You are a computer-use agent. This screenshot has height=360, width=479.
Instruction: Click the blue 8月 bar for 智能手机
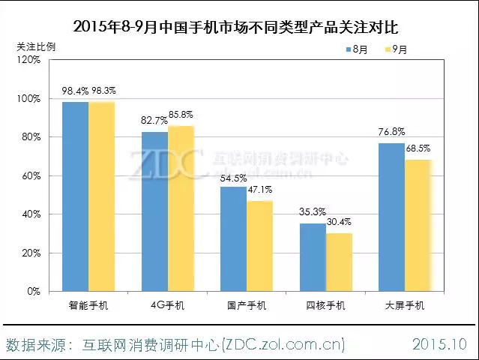coord(75,196)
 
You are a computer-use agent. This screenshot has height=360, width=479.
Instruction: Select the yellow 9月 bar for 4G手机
coord(181,208)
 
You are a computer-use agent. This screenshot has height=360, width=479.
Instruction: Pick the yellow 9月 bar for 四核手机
coord(339,262)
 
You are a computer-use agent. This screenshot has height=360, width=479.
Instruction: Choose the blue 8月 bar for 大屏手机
coord(391,217)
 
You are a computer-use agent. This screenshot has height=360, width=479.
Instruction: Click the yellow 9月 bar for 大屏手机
coord(418,225)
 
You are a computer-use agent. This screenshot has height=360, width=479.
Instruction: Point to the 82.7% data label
coord(154,120)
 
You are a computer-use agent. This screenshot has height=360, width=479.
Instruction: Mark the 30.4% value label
coord(339,221)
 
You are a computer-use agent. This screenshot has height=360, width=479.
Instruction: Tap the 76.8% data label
coord(391,131)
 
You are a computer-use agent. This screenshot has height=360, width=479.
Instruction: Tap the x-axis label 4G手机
coord(167,305)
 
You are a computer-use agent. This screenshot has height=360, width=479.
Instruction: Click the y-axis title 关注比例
coord(36,46)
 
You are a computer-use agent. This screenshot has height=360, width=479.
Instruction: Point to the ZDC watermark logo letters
coord(166,165)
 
